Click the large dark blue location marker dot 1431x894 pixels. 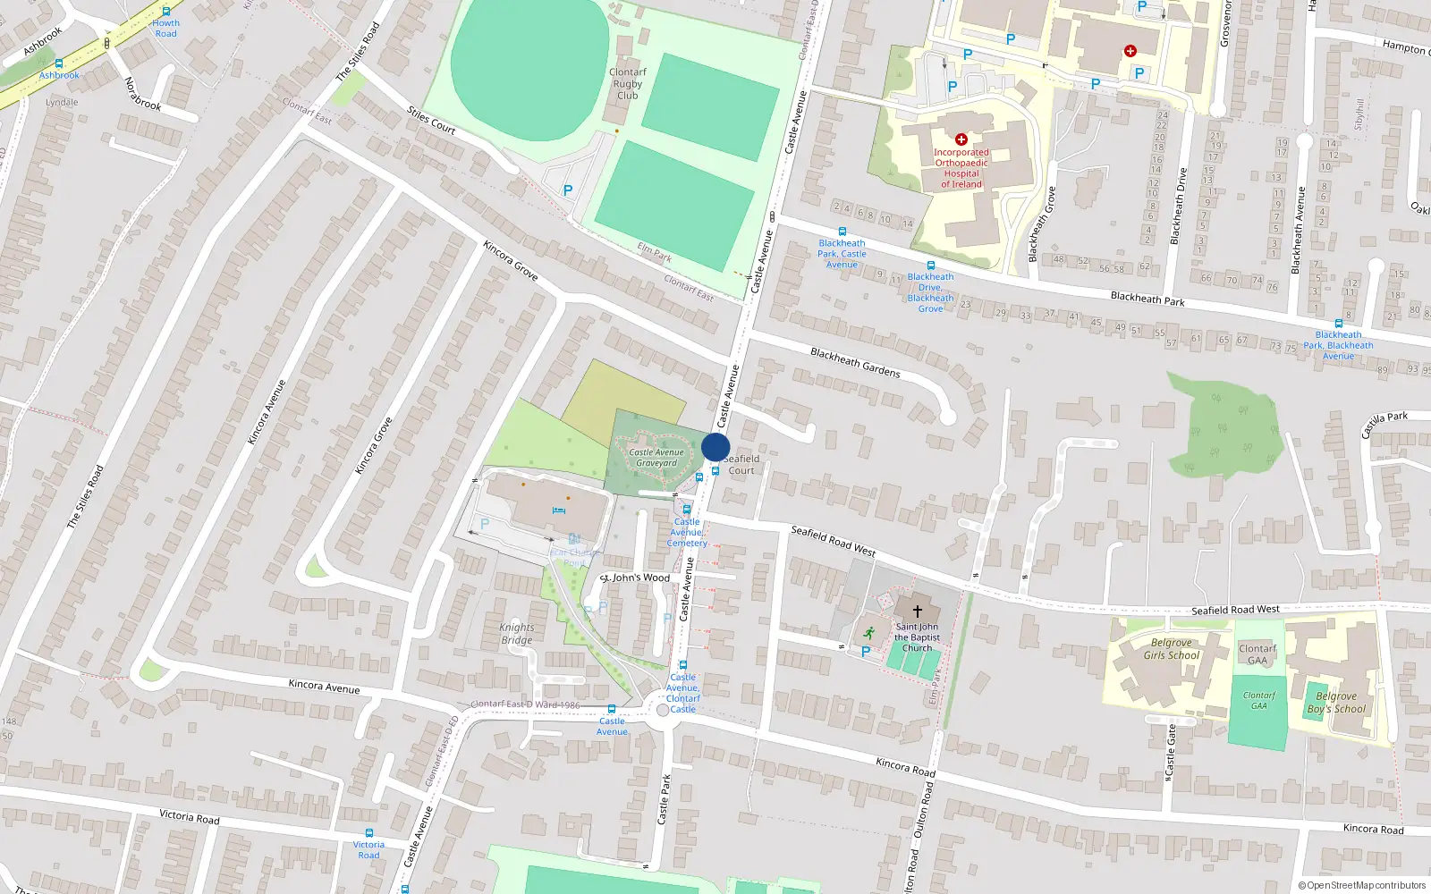[715, 447]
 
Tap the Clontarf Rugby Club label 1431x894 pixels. [627, 84]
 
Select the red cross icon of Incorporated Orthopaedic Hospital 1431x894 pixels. [961, 139]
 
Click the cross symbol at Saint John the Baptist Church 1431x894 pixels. [917, 611]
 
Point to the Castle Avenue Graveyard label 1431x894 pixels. [656, 458]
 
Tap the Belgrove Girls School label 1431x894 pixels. [1171, 649]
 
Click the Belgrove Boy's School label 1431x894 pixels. [1336, 703]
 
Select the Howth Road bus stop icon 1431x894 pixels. [165, 13]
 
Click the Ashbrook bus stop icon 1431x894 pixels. [59, 64]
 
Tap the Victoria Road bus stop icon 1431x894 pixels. [368, 833]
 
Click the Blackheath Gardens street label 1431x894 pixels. [855, 362]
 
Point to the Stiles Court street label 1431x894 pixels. [431, 121]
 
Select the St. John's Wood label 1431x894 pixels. [635, 578]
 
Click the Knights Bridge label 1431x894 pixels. [517, 634]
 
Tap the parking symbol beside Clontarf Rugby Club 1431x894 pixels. [567, 190]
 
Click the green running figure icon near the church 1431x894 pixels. [868, 632]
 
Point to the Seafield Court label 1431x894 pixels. [741, 464]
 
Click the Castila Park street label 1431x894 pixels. [1384, 424]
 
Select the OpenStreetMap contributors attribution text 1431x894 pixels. [1361, 885]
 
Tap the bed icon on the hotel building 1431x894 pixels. [559, 510]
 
